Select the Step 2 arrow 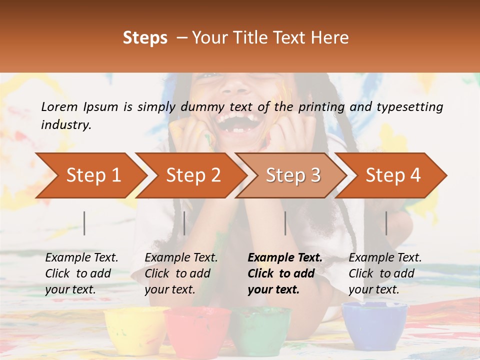[192, 175]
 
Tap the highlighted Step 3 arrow [292, 175]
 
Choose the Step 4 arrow [392, 175]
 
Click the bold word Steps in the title [145, 38]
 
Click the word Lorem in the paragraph [59, 106]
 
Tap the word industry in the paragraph [65, 125]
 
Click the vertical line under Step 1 [84, 223]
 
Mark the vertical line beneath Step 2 [184, 223]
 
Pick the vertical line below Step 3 [285, 223]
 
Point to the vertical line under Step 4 [386, 223]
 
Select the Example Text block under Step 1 [81, 273]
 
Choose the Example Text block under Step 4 [385, 273]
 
